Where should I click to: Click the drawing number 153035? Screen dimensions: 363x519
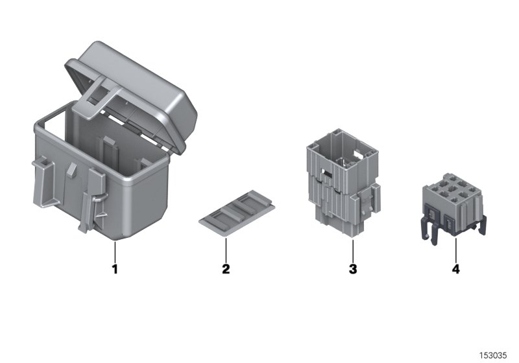point(493,355)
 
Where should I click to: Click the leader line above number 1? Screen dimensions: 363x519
point(115,250)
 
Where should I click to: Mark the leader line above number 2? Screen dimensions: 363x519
point(226,247)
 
